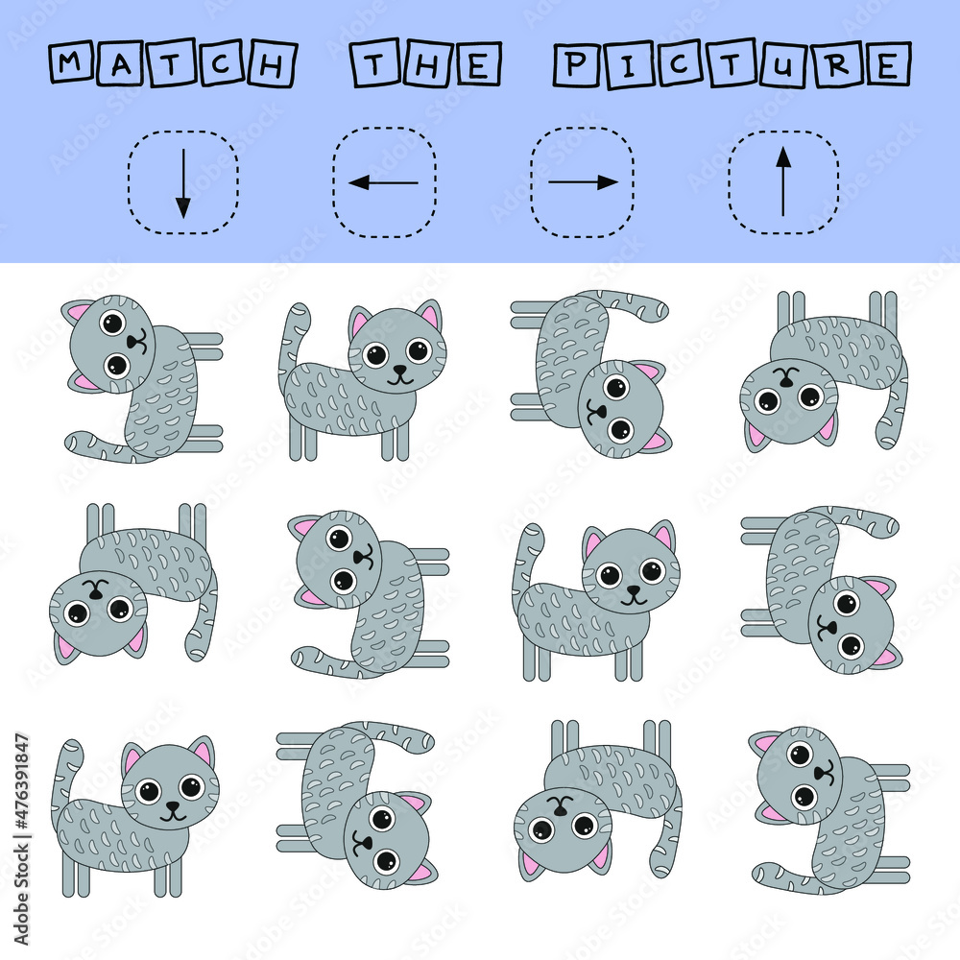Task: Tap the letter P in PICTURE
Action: [x=574, y=65]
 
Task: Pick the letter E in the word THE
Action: [x=480, y=65]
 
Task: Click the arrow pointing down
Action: [x=182, y=182]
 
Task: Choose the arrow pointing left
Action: [x=383, y=182]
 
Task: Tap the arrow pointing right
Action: [x=583, y=182]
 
